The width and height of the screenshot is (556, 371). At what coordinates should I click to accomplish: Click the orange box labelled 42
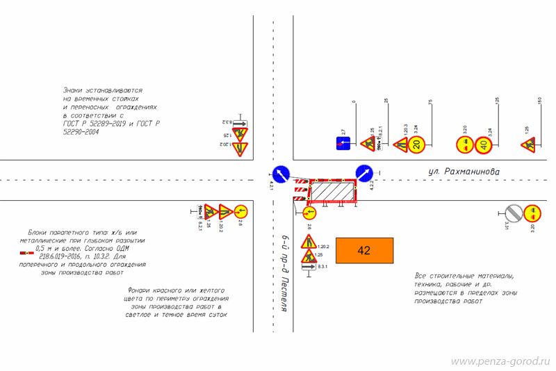[x=364, y=251]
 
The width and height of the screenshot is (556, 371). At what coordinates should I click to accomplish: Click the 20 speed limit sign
[x=416, y=145]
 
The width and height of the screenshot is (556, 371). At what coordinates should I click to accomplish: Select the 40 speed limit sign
[x=484, y=145]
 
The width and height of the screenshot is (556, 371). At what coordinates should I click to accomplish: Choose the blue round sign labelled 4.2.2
[x=363, y=172]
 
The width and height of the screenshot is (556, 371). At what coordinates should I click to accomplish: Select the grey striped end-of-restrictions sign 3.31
[x=513, y=212]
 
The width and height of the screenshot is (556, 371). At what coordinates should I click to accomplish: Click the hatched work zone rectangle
[x=332, y=190]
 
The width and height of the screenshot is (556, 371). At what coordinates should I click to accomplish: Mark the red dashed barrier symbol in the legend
[x=26, y=253]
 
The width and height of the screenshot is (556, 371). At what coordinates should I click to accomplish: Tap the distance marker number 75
[x=430, y=104]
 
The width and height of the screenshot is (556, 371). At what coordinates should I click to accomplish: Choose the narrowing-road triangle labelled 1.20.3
[x=400, y=145]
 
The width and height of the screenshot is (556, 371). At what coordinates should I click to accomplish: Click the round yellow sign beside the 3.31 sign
[x=532, y=212]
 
